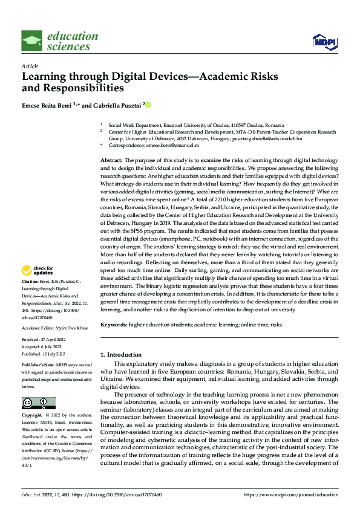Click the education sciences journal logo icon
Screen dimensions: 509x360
pos(31,41)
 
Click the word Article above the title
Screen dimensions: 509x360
pos(30,66)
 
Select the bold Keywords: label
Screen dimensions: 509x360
pos(113,324)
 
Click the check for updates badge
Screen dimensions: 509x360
pos(38,271)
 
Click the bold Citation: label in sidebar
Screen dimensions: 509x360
pos(31,282)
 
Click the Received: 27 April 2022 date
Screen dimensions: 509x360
pos(48,340)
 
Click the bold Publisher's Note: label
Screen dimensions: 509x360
pos(39,366)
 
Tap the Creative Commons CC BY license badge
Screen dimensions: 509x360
pos(39,403)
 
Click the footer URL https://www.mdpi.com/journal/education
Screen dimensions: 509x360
pos(290,494)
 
